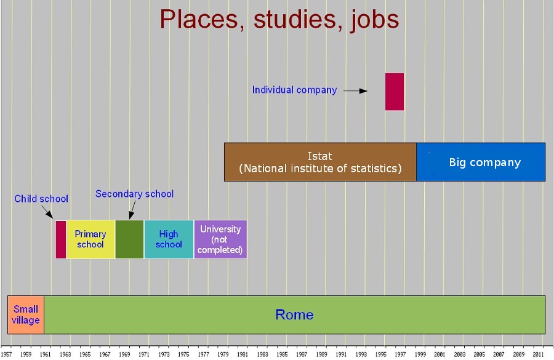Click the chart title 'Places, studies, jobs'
coord(279,20)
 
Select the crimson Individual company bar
coord(395,92)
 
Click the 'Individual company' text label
coord(294,90)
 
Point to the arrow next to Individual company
coord(355,91)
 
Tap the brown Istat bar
coord(320,162)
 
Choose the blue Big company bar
coord(481,162)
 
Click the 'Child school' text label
coord(41,199)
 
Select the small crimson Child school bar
coord(61,239)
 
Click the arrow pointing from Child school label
coord(47,212)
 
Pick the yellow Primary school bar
coord(90,239)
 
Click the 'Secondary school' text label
coord(135,194)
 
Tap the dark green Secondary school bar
coord(129,239)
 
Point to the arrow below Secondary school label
coord(132,210)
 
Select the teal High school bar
coord(169,239)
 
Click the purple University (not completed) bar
coord(220,239)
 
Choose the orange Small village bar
coord(26,315)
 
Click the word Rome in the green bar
coord(294,315)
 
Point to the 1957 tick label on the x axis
coord(6,354)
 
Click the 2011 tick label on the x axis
coord(538,354)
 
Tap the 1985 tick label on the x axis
coord(282,354)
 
